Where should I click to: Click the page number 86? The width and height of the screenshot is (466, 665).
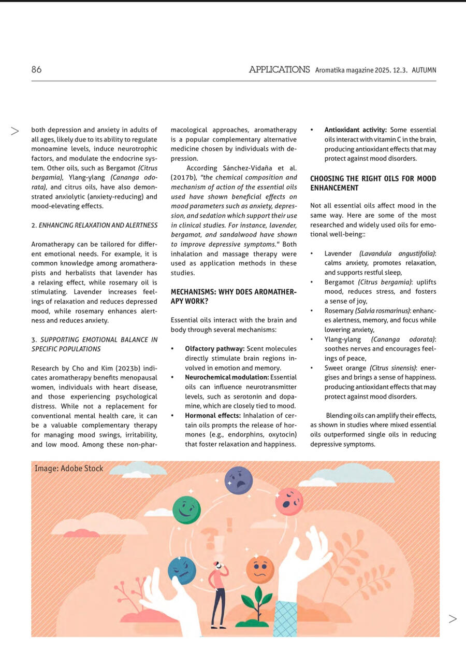click(36, 69)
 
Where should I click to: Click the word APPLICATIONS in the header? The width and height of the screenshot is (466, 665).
click(279, 69)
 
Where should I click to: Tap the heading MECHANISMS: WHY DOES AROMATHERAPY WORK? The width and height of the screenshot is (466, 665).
click(234, 296)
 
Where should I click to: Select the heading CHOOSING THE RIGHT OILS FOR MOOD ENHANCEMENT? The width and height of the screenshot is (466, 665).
click(373, 183)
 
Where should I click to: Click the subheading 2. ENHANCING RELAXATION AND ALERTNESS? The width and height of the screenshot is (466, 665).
click(94, 225)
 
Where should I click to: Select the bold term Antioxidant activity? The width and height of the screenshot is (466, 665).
click(356, 130)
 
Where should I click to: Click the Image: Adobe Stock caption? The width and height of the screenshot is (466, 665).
click(69, 469)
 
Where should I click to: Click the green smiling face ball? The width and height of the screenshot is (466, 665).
click(186, 510)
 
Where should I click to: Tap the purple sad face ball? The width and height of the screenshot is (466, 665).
click(239, 480)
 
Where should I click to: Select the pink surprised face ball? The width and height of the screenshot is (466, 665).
click(289, 501)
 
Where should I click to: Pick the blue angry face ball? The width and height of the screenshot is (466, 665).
click(182, 570)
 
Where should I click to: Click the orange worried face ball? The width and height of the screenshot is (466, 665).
click(260, 569)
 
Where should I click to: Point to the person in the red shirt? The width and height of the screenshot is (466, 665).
click(218, 593)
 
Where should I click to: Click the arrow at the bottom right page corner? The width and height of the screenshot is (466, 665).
click(453, 618)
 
